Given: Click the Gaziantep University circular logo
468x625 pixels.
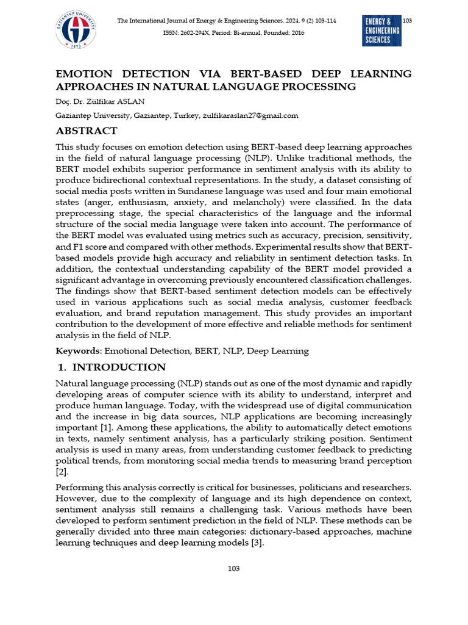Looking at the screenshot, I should click(76, 30).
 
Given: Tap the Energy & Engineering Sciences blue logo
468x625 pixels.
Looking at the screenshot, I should click(381, 31).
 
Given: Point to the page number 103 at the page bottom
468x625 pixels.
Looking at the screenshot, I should click(233, 568).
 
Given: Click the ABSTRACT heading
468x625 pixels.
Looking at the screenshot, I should click(87, 131).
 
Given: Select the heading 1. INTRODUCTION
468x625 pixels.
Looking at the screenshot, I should click(111, 367).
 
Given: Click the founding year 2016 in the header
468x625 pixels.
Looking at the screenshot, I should click(296, 33).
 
